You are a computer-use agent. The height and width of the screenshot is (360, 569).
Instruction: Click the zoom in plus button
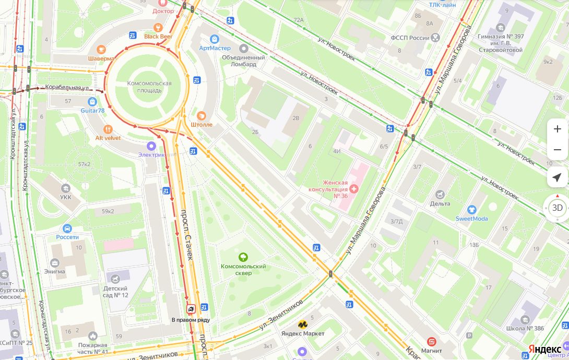(x=557, y=129)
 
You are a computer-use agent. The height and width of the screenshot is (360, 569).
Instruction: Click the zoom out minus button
(x=557, y=150)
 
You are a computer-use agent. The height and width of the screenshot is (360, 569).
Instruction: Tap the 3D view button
(x=557, y=208)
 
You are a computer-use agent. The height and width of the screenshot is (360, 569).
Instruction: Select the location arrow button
(x=557, y=177)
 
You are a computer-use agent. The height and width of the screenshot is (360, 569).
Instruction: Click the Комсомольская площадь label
(x=149, y=87)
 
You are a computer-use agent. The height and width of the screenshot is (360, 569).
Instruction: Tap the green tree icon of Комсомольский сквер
(x=243, y=257)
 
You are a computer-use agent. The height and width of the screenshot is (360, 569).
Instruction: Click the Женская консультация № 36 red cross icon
(x=354, y=188)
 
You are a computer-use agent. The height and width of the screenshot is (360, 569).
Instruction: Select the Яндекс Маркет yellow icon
(x=302, y=325)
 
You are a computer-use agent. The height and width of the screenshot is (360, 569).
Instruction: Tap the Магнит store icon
(x=431, y=341)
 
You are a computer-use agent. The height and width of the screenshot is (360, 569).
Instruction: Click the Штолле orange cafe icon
(x=201, y=115)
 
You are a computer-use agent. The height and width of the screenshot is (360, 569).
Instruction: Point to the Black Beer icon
(x=158, y=27)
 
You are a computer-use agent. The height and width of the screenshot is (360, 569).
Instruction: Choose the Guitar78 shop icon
(x=92, y=102)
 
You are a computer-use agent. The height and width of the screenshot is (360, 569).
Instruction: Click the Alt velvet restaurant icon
(x=108, y=129)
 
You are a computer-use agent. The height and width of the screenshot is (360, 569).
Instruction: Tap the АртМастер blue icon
(x=214, y=39)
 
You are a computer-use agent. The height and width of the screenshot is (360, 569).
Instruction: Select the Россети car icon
(x=67, y=228)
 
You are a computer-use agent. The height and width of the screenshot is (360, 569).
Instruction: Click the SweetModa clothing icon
(x=472, y=210)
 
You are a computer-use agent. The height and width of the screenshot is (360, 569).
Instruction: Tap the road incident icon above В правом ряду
(x=191, y=309)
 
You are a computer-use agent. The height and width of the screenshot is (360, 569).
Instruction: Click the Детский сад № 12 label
(x=115, y=292)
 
